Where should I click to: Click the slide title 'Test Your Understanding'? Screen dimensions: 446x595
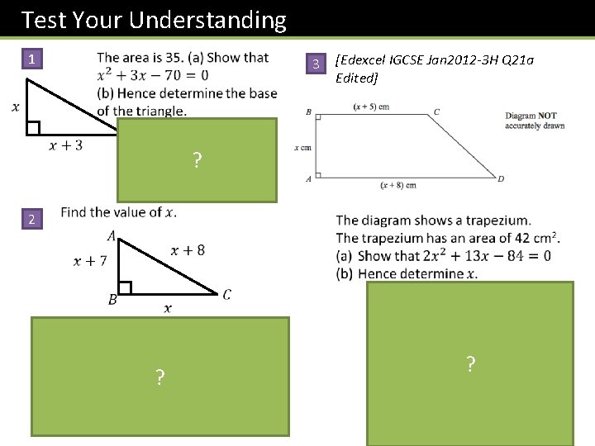154,20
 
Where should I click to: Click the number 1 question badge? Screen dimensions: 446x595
31,59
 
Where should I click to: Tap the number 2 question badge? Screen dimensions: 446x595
31,220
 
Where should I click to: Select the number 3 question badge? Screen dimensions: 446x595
315,65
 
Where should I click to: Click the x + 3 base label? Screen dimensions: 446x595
66,146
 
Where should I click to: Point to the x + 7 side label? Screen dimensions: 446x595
91,262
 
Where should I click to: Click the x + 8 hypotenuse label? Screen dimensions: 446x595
188,249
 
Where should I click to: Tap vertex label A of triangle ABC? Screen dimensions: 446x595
112,236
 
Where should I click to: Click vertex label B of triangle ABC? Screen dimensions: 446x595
112,300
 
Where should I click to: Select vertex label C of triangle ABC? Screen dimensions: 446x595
226,295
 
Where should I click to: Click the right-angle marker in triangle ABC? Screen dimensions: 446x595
126,287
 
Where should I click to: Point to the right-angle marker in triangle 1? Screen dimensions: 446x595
33,127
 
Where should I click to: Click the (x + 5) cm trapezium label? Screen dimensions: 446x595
371,107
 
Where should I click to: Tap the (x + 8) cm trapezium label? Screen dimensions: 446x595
398,185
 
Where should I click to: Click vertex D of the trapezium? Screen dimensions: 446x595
501,178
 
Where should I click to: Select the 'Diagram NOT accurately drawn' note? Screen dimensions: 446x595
535,121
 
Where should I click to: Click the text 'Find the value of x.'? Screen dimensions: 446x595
118,212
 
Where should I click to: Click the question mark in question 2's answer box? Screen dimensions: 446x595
160,378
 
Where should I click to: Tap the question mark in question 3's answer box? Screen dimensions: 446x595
470,363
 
